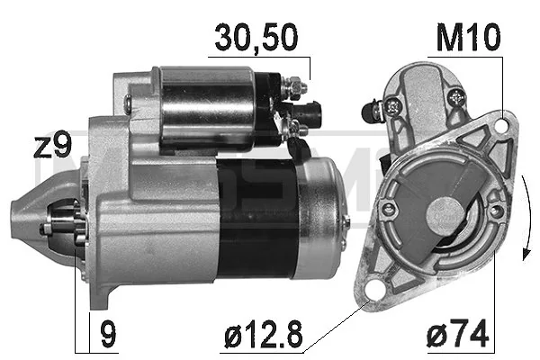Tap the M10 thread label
[x=467, y=39]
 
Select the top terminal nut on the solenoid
[x=295, y=88]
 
